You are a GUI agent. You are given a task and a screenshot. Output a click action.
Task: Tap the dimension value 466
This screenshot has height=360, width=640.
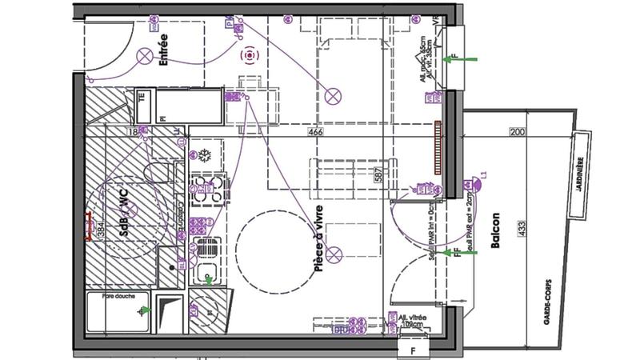pyautogui.click(x=314, y=133)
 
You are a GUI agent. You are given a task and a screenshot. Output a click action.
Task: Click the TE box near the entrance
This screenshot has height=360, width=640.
pyautogui.click(x=142, y=97)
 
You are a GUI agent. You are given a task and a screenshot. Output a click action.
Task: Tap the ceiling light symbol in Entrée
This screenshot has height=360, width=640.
pyautogui.click(x=145, y=56)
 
